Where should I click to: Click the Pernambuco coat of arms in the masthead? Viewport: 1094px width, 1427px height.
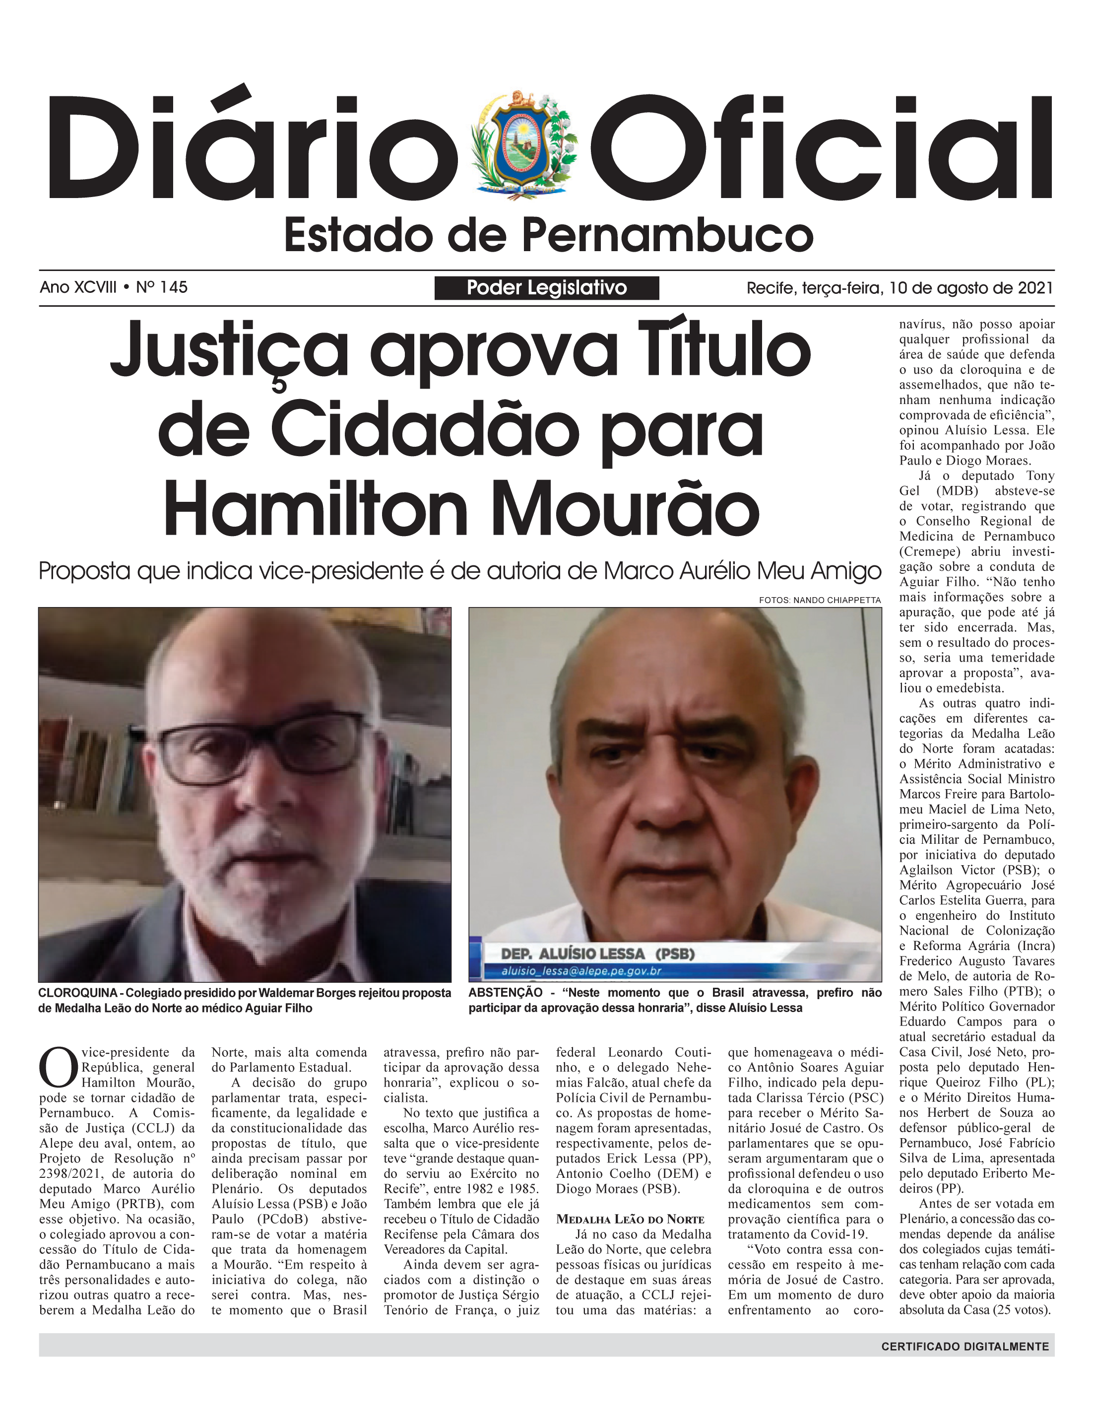point(525,144)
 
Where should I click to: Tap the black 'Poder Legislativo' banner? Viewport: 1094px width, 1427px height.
point(546,288)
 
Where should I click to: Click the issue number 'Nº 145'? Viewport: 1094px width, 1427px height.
point(162,287)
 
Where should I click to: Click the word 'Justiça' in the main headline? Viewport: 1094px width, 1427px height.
point(229,352)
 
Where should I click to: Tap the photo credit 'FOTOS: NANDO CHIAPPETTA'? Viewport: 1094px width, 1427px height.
point(819,600)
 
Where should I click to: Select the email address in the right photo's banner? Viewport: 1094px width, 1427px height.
point(581,971)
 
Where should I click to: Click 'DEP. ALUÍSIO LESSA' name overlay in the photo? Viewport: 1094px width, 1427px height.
point(573,953)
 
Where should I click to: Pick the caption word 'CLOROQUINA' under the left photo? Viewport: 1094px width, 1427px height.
point(77,993)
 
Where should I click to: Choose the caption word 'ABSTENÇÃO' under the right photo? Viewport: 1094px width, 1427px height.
point(505,993)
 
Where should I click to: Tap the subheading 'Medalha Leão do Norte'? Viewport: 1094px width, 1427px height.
point(630,1219)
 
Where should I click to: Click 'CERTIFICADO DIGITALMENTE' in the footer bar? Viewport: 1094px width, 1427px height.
point(965,1346)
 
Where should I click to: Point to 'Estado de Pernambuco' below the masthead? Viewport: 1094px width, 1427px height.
point(548,236)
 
